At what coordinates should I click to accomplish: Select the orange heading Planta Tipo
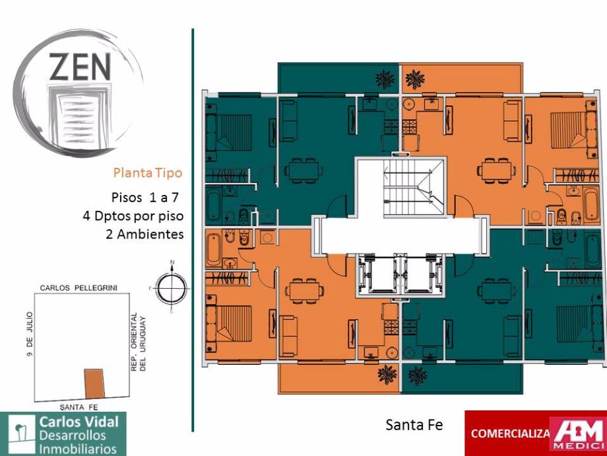point(148,172)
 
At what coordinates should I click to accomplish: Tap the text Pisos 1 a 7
point(144,197)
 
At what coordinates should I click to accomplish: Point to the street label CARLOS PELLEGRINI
point(79,287)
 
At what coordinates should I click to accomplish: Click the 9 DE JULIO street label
point(30,334)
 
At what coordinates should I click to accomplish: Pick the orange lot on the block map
point(94,383)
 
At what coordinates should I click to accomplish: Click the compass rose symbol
point(171,287)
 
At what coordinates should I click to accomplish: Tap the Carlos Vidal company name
point(79,422)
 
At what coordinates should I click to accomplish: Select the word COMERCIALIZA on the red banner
point(510,434)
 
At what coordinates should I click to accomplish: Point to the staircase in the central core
point(414,188)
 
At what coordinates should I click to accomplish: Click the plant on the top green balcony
point(385,79)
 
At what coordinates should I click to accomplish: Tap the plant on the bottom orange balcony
point(387,374)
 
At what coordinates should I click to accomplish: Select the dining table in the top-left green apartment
point(303,171)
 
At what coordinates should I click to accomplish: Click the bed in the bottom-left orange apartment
point(229,323)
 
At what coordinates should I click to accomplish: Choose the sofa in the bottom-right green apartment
point(512,336)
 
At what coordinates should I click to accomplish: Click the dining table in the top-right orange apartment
point(496,171)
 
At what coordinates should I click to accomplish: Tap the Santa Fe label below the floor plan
point(414,425)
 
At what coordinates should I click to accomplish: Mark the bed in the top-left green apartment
point(229,132)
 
